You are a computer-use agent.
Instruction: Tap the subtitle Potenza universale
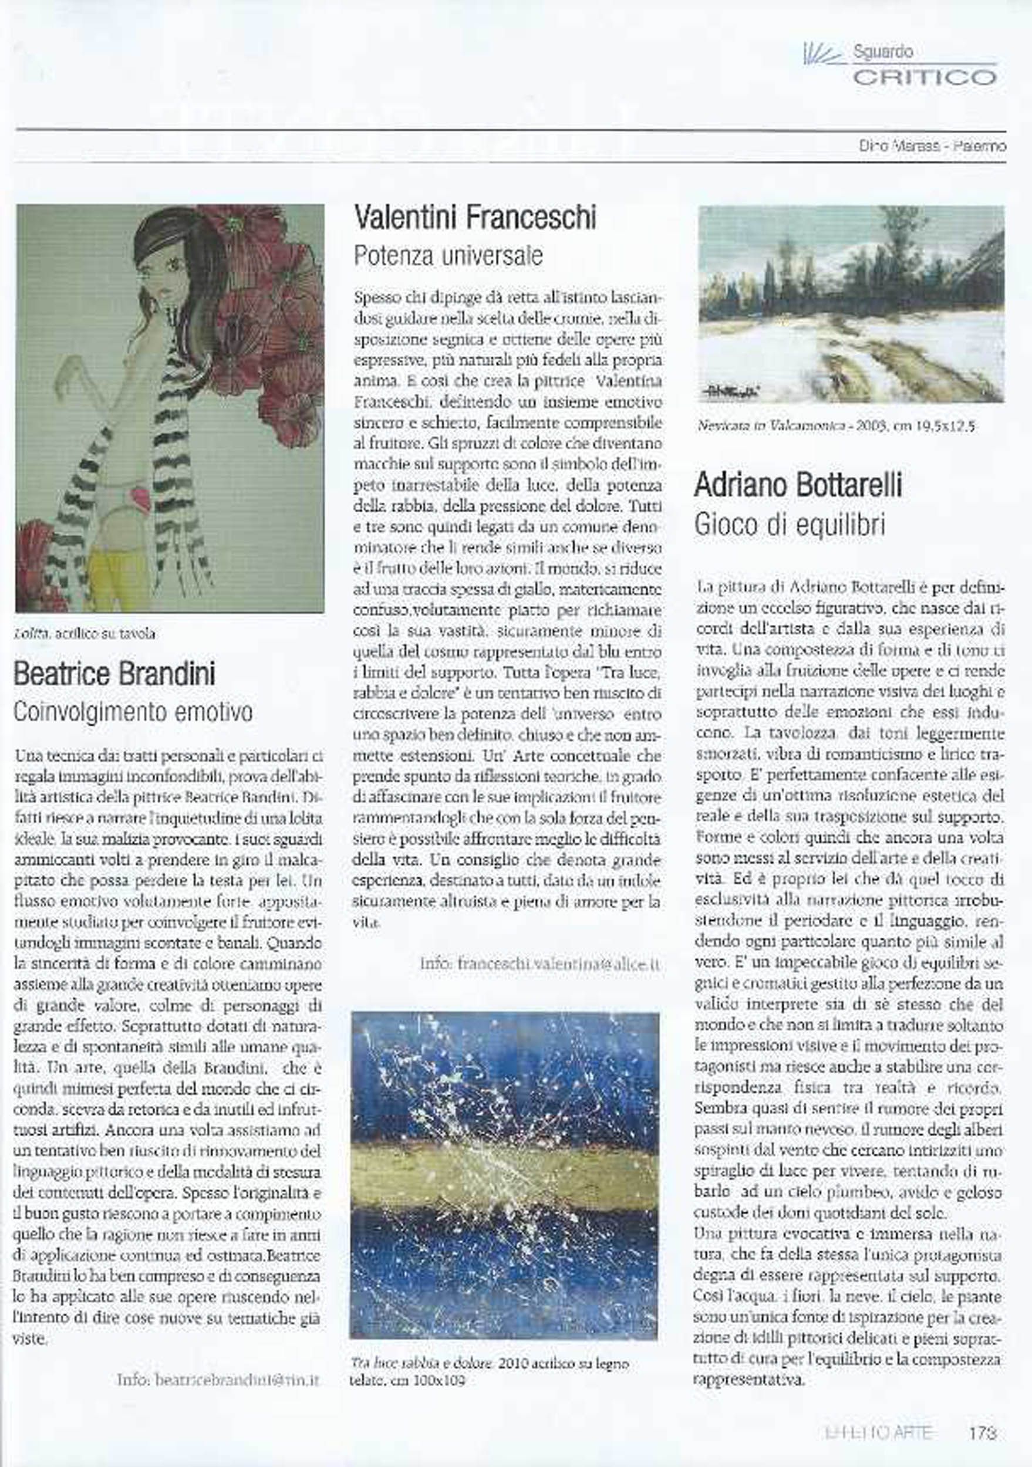[x=448, y=256]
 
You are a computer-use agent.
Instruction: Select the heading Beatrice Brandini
[x=114, y=674]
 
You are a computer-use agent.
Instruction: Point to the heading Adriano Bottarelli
[x=798, y=486]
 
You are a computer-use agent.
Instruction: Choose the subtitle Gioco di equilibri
[x=789, y=525]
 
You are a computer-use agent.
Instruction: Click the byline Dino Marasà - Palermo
[x=932, y=146]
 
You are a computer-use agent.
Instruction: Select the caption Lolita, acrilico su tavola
[x=85, y=634]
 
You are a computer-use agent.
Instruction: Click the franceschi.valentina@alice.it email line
[x=540, y=964]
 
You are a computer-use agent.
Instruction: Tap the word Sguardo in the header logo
[x=882, y=52]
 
